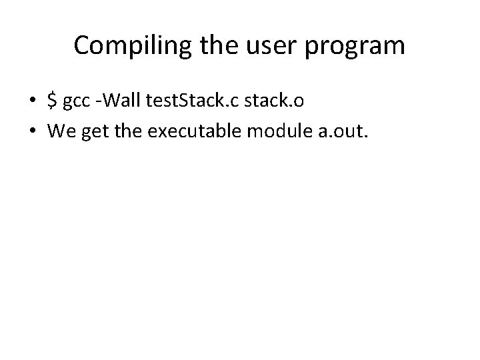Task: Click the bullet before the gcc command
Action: point(31,101)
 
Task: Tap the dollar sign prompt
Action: point(52,100)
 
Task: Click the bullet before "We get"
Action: point(31,131)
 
